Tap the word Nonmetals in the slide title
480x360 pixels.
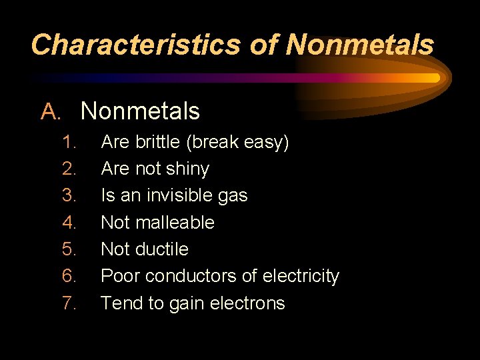361,45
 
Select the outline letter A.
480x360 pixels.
51,111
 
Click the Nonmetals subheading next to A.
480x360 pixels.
140,111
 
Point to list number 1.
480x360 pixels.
69,142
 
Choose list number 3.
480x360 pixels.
69,195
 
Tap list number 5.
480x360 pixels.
69,249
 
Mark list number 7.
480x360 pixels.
69,303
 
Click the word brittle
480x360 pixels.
157,142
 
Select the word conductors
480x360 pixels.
189,276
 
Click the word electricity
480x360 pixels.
301,276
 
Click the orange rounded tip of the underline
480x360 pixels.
435,78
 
